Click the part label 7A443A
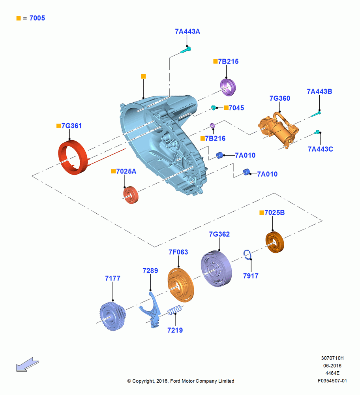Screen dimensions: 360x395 [187, 32]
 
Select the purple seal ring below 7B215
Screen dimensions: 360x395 [228, 87]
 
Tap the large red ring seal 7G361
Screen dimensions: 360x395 [73, 157]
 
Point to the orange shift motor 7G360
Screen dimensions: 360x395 [278, 130]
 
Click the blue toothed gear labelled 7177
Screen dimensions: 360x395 [112, 316]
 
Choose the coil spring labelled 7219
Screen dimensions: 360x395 [174, 310]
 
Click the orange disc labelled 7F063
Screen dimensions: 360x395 [181, 285]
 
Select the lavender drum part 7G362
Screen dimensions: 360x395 [216, 269]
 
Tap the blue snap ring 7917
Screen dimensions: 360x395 [247, 254]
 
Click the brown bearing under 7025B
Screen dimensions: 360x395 [275, 242]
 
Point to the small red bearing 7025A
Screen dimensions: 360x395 [131, 195]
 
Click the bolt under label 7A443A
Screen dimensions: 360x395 [186, 50]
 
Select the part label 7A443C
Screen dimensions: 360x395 [320, 149]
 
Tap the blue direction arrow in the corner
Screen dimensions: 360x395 [28, 364]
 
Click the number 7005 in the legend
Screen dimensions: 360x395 [37, 18]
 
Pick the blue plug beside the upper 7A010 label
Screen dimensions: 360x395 [220, 155]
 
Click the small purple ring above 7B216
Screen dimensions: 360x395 [212, 126]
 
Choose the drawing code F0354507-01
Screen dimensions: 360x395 [332, 381]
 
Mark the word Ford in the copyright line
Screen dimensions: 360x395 [176, 381]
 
